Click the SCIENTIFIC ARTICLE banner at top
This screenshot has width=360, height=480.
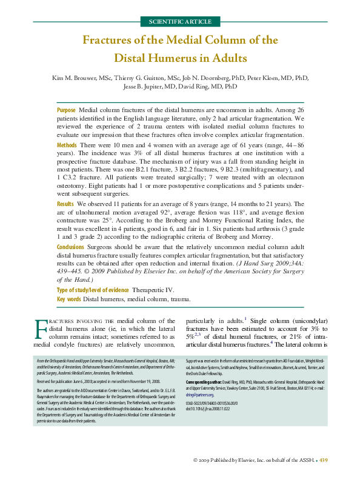point(180,22)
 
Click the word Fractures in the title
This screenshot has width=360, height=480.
point(111,41)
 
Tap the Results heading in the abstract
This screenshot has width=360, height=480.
point(66,205)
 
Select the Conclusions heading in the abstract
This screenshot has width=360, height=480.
point(72,247)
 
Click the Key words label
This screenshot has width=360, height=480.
point(68,299)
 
